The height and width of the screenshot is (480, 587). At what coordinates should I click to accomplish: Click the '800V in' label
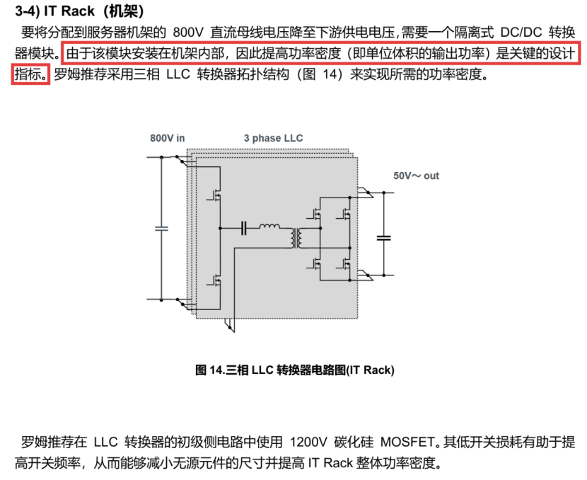click(168, 138)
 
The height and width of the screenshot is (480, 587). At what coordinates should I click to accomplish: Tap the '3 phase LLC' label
click(273, 138)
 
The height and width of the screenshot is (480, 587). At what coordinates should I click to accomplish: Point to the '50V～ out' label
click(416, 176)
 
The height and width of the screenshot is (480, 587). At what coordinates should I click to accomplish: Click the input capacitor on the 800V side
click(161, 228)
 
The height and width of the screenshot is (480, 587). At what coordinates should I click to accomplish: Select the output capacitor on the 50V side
click(384, 238)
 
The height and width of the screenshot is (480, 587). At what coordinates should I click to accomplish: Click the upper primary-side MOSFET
click(215, 195)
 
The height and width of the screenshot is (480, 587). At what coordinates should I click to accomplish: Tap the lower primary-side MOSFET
click(215, 280)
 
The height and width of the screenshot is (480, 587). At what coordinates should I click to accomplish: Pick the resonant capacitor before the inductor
click(244, 228)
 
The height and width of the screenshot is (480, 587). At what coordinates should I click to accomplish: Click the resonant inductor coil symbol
click(269, 226)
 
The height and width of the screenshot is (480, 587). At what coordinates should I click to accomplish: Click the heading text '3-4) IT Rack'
click(54, 11)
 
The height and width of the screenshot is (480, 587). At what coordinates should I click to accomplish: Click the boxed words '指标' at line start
click(28, 74)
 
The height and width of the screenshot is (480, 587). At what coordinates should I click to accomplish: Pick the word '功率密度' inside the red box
click(315, 53)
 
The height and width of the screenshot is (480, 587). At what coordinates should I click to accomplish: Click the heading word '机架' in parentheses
click(124, 11)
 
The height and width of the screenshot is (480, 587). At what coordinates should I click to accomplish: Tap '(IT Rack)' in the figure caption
click(370, 370)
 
